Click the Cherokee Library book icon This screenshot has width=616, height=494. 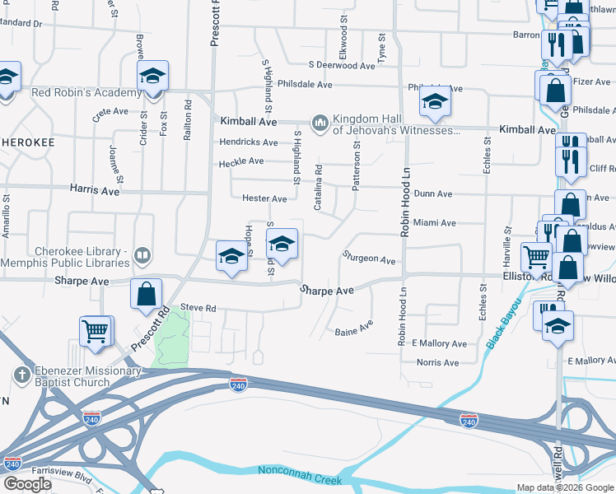(142, 257)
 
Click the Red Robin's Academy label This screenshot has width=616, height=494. (80, 92)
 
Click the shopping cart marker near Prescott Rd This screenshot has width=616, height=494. (96, 331)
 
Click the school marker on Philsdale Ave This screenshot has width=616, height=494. (434, 102)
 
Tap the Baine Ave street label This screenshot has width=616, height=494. (354, 333)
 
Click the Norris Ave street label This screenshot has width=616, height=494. (437, 362)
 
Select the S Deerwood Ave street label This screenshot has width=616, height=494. (342, 65)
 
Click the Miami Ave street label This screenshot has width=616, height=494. (434, 223)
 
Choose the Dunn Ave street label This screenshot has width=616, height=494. (433, 194)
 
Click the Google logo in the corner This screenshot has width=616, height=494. (27, 484)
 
